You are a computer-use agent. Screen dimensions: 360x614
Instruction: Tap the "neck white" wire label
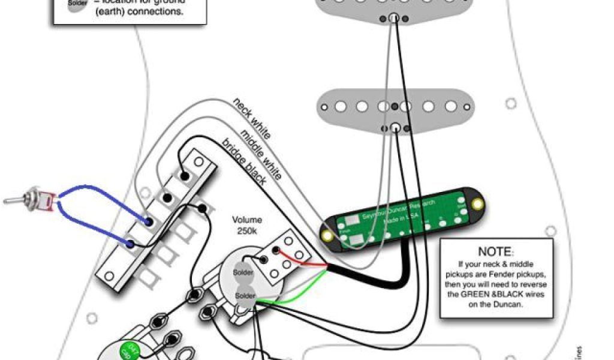(x=252, y=118)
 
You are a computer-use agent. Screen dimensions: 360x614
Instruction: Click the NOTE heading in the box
(x=495, y=251)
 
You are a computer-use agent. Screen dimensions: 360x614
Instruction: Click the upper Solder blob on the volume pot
(x=243, y=272)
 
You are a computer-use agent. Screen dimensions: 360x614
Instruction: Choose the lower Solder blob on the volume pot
(x=246, y=296)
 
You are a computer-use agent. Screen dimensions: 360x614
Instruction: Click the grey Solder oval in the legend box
(x=76, y=5)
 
